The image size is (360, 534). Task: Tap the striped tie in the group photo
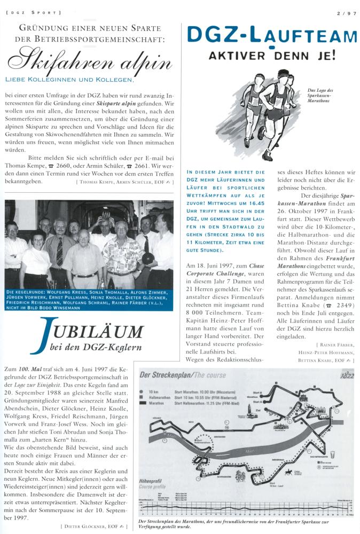coord(59,252)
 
